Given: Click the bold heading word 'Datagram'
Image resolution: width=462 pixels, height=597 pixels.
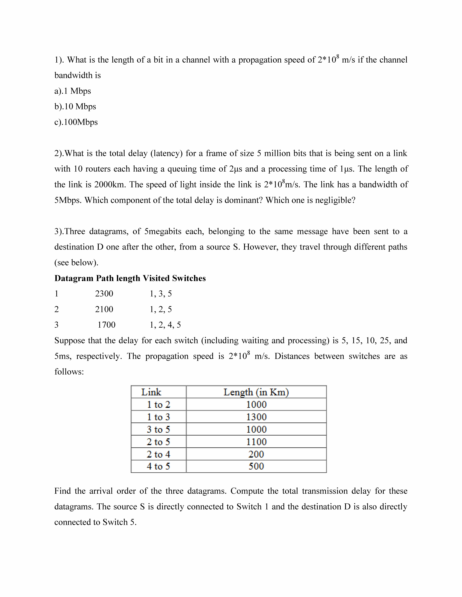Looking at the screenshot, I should coord(74,278).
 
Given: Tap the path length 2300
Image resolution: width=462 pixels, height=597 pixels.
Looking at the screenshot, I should coord(104,294).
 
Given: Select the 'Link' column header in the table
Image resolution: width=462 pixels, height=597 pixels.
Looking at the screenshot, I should coord(151,392).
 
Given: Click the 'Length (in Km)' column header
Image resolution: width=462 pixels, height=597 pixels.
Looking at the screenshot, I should coord(256,392).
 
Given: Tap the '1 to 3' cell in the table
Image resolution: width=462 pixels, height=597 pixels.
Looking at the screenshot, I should coord(158,417).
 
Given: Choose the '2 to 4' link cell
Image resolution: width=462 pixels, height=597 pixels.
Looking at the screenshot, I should coord(158,454).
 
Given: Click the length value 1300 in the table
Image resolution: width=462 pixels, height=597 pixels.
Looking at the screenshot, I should coord(256,417).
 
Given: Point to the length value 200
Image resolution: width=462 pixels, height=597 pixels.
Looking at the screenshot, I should coord(256,454).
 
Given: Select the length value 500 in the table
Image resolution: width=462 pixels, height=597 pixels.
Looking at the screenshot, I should coord(256,466).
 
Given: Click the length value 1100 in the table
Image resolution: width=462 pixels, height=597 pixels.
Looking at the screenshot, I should coord(256,442).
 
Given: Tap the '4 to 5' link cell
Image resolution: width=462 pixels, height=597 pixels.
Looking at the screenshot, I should coord(158,466).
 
